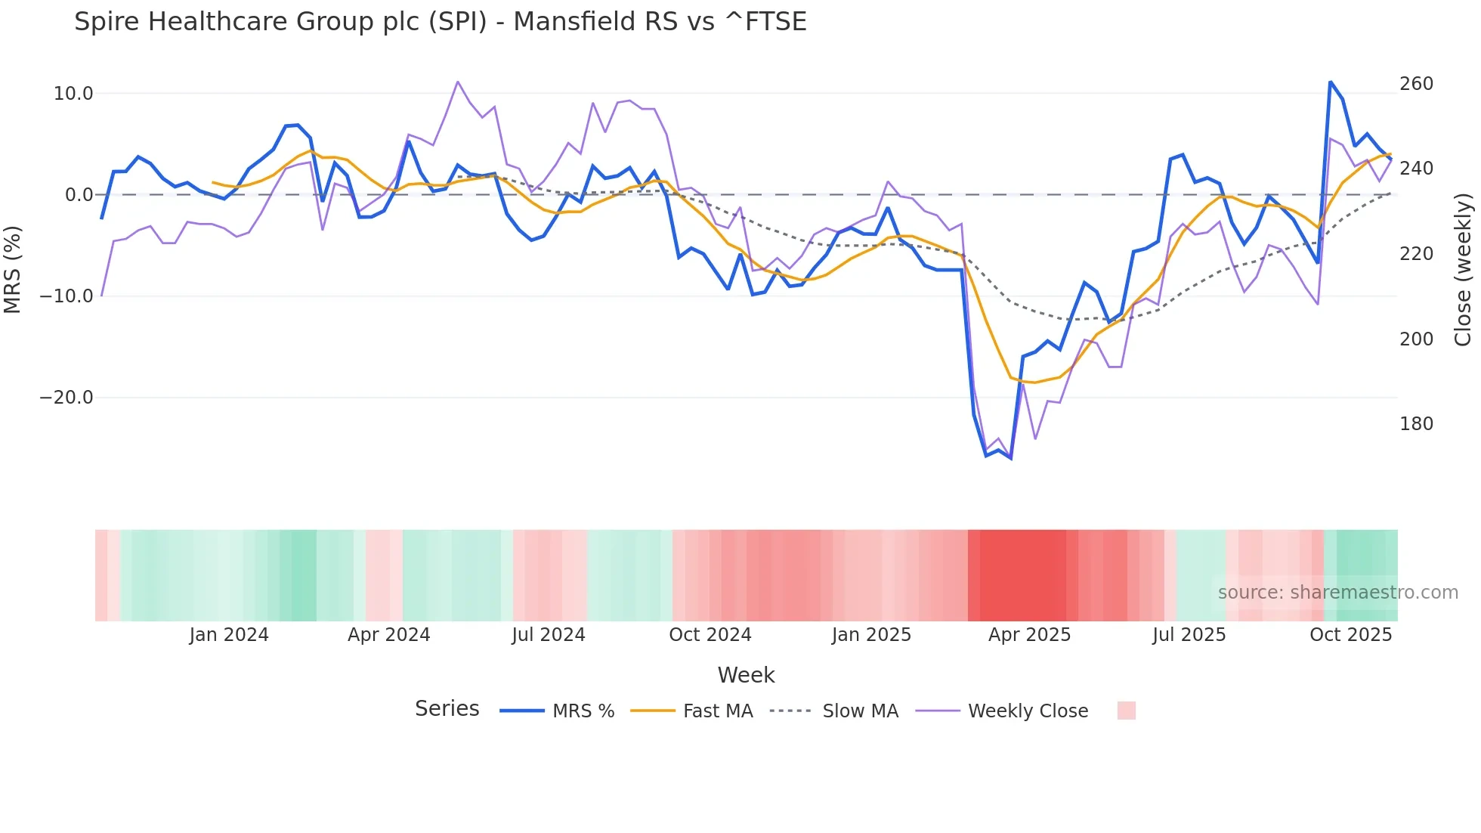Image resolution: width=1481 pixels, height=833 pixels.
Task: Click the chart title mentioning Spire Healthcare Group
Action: click(x=440, y=22)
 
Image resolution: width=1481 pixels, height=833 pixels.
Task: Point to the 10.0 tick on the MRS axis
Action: click(x=73, y=94)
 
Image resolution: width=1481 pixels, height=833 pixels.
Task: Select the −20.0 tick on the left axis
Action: click(x=66, y=398)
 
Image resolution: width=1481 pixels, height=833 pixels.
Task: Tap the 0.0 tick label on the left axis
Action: click(x=79, y=195)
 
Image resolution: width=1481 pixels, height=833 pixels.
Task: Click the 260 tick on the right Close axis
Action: click(x=1416, y=84)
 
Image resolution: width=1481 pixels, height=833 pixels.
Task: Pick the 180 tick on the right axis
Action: click(x=1416, y=424)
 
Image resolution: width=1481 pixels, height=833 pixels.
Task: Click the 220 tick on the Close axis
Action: click(x=1416, y=254)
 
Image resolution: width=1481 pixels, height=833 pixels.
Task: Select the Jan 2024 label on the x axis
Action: click(x=229, y=635)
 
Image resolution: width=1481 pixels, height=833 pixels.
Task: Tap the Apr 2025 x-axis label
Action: click(x=1029, y=635)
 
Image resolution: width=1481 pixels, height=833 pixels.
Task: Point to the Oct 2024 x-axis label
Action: click(x=710, y=635)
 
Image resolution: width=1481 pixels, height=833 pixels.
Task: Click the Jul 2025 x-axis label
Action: click(x=1189, y=635)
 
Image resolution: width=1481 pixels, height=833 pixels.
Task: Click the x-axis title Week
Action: click(x=746, y=675)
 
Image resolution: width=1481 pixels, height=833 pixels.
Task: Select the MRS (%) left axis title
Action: click(x=13, y=270)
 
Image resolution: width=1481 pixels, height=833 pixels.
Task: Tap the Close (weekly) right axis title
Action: click(x=1463, y=270)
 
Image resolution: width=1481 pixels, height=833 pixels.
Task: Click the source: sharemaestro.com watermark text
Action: click(x=1337, y=593)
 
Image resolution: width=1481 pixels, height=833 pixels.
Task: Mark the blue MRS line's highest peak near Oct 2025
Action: click(x=1330, y=82)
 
